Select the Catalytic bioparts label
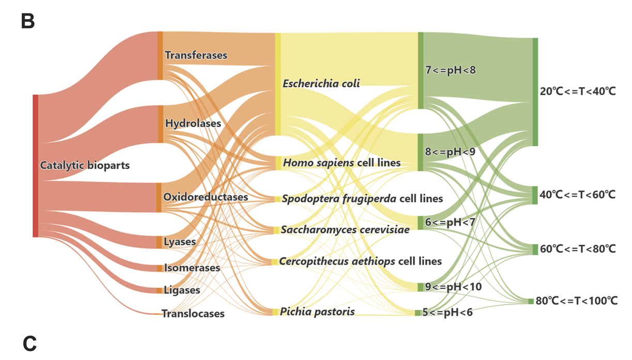click(x=85, y=166)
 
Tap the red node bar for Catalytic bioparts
click(x=35, y=166)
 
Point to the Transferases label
click(x=196, y=55)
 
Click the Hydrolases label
click(x=193, y=123)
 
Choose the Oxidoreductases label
click(x=205, y=197)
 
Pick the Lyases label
click(x=179, y=242)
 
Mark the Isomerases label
click(x=192, y=268)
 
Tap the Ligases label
click(x=181, y=290)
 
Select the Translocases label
click(x=193, y=314)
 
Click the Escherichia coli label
click(x=321, y=83)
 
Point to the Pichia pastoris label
click(x=317, y=311)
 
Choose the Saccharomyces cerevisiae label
click(x=345, y=229)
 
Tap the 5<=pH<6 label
click(x=448, y=312)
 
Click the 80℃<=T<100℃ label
click(x=576, y=301)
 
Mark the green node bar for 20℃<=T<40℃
click(x=535, y=91)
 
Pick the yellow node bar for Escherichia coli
click(x=278, y=84)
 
